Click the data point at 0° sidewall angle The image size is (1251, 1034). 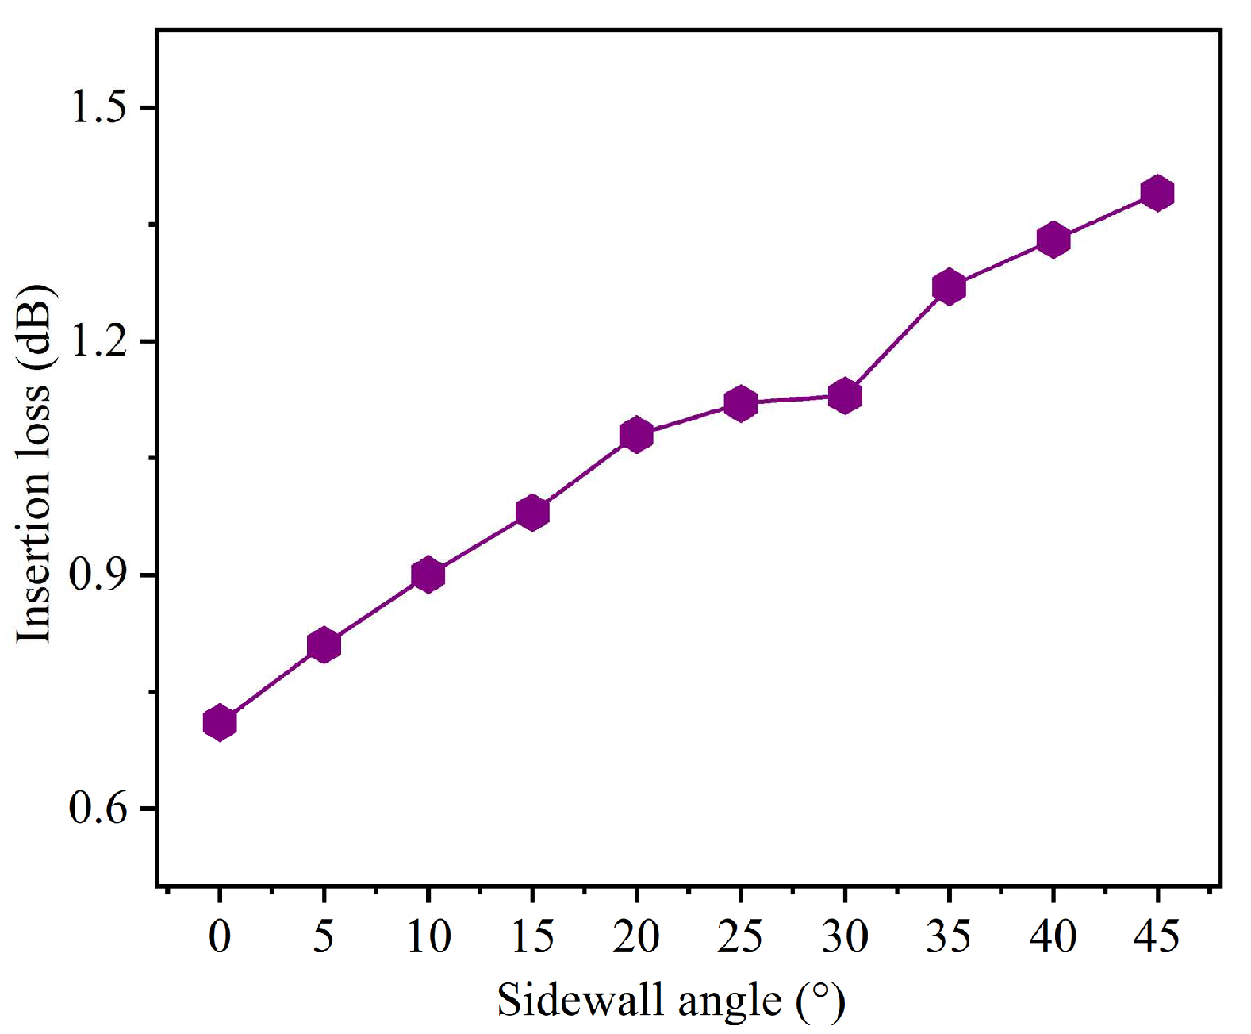[x=220, y=723]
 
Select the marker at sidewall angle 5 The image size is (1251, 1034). [x=324, y=645]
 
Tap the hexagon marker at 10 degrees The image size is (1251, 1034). [x=428, y=575]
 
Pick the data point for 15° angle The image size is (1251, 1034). [x=532, y=513]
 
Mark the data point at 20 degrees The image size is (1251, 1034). [x=636, y=435]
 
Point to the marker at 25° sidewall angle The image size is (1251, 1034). [x=741, y=404]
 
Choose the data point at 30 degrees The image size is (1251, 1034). [x=845, y=396]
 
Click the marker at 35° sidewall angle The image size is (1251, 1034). [x=949, y=286]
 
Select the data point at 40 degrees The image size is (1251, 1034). [x=1053, y=240]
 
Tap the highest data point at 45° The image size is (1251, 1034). [x=1157, y=193]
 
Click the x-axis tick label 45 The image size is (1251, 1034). [x=1157, y=936]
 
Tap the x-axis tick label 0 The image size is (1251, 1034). [x=220, y=936]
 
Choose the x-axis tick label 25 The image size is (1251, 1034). [x=741, y=936]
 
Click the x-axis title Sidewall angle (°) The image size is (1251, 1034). [x=671, y=1000]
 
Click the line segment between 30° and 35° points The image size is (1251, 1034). [x=897, y=341]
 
